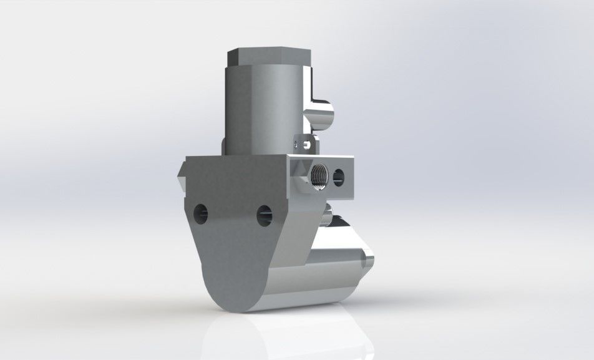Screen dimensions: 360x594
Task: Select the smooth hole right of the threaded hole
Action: coord(339,175)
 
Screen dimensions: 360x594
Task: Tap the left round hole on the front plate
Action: coord(201,213)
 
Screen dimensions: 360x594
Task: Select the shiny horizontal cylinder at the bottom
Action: coord(312,281)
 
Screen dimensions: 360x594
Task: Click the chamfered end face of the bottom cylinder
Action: coord(368,257)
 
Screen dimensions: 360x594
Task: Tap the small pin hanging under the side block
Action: coord(326,218)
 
